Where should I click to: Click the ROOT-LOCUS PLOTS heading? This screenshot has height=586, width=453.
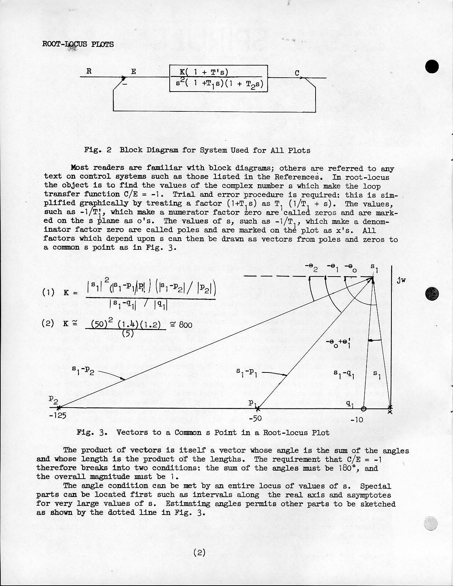pos(78,44)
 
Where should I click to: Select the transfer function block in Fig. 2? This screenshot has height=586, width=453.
pos(219,78)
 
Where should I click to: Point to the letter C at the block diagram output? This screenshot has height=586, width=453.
pos(297,73)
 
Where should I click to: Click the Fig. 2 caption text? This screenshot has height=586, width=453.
pos(197,150)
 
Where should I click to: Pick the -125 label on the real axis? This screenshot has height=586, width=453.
pos(58,416)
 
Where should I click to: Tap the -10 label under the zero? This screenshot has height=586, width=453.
pos(356,419)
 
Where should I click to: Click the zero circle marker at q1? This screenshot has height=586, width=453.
pos(363,408)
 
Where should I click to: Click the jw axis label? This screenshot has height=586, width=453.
pos(401,281)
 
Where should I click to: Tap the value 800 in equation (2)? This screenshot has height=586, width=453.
pos(185,324)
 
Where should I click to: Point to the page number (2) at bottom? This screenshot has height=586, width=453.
pos(199,552)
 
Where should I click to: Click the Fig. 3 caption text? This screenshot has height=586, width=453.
pos(203,432)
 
